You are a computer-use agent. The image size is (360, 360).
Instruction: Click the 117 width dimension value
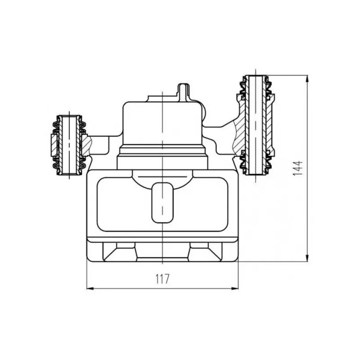[x=162, y=279]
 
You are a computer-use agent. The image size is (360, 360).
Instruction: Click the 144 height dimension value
[x=298, y=168]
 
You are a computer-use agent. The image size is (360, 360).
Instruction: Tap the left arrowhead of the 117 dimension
[x=90, y=288]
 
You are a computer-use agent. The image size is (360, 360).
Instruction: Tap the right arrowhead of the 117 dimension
[x=235, y=288]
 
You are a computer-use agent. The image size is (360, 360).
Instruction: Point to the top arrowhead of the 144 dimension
[x=307, y=78]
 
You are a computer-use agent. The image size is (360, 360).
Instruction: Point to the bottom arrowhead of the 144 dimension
[x=307, y=258]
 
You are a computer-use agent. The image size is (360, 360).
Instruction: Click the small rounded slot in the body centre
[x=162, y=203]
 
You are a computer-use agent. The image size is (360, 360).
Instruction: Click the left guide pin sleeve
[x=69, y=144]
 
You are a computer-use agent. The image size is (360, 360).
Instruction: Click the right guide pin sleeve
[x=256, y=125]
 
